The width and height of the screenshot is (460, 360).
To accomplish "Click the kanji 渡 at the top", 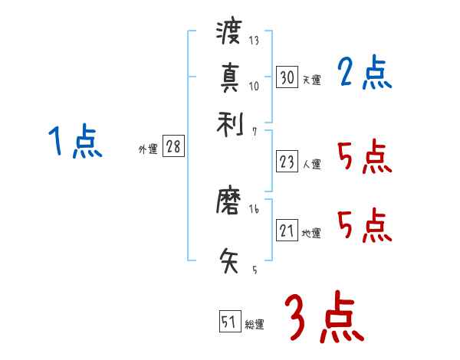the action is (230, 33).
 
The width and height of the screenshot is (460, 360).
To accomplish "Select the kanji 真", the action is (230, 77).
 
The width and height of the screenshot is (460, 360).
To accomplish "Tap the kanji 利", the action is (230, 122).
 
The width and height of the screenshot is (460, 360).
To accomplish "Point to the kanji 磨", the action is (230, 202).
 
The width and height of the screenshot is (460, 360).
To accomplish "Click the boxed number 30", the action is (287, 77).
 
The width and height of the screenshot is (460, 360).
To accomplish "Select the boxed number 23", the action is (287, 162).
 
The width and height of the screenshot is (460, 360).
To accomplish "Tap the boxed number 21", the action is (287, 231).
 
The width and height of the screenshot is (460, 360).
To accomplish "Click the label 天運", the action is (311, 80).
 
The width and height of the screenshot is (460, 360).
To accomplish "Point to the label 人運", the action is (311, 164).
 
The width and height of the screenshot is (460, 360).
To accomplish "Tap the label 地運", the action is (311, 233).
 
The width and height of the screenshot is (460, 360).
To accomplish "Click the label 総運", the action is (255, 324).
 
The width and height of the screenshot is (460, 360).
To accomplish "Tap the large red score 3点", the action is (324, 318).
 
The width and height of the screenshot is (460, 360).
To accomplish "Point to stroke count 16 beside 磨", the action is (254, 209).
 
